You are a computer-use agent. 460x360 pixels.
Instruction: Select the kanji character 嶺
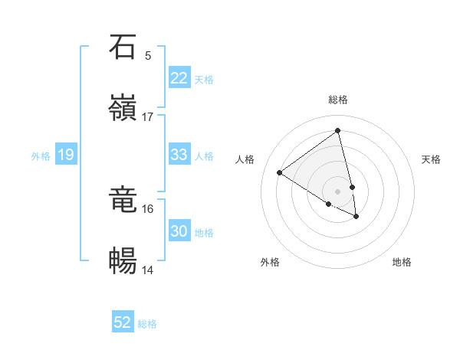tap(123, 108)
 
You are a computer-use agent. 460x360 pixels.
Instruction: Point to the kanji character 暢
tap(123, 261)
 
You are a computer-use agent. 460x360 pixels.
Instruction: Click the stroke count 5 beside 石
tap(148, 55)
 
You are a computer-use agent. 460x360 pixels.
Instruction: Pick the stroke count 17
tap(148, 116)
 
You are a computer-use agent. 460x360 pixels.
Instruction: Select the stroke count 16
tap(148, 208)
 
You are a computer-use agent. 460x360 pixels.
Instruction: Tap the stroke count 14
tap(148, 270)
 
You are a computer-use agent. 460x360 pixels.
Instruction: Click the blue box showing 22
tap(179, 78)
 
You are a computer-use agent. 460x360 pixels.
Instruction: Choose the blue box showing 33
tap(179, 155)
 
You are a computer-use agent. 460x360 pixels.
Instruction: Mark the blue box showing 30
tap(179, 231)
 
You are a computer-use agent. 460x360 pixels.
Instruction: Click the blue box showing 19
tap(66, 155)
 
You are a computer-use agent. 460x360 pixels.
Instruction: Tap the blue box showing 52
tap(123, 322)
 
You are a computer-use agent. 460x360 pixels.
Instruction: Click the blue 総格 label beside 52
tap(148, 324)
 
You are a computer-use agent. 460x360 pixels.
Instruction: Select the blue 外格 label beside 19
tap(41, 156)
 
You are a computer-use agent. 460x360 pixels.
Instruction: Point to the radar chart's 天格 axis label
tap(432, 159)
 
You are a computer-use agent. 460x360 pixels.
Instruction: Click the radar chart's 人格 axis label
tap(245, 159)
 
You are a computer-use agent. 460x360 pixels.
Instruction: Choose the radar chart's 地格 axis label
tap(402, 262)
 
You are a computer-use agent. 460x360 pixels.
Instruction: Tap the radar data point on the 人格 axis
tap(280, 172)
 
